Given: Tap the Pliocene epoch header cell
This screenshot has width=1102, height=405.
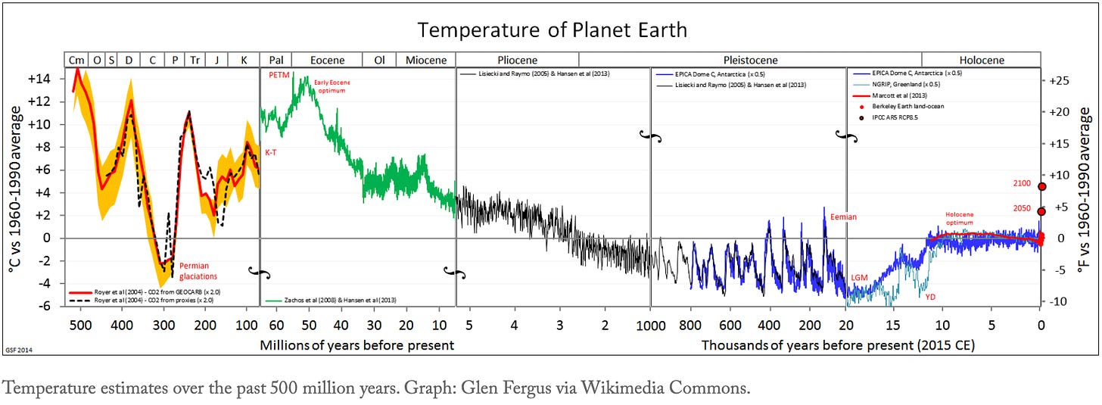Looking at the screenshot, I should (x=517, y=60).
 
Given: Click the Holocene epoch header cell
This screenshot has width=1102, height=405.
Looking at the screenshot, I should (x=981, y=60).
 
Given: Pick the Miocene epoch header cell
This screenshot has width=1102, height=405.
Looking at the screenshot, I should (x=425, y=60).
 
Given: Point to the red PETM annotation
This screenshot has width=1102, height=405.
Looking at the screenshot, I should (x=279, y=76).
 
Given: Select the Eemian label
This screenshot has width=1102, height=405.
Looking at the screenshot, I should (x=843, y=217).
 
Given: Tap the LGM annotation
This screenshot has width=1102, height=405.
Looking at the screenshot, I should (x=859, y=279).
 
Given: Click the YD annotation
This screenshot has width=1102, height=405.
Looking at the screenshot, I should (x=930, y=297).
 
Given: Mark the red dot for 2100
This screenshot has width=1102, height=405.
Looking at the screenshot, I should (x=1041, y=186).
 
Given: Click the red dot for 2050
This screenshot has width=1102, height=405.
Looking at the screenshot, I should (x=1041, y=211).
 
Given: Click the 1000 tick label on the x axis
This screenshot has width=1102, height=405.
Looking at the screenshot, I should (x=649, y=326).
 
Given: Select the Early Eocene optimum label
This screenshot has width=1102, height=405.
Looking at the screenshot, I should (x=333, y=86).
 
